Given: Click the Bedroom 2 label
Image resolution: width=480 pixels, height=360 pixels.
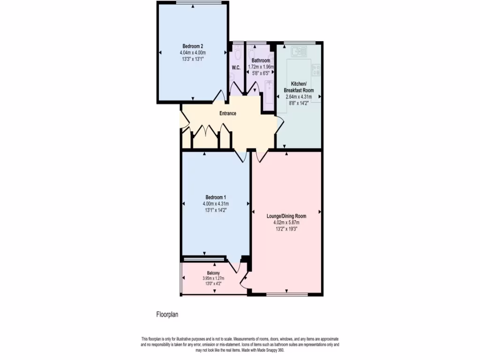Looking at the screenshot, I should click(x=193, y=46).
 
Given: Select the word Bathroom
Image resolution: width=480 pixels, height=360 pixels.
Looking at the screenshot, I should click(x=261, y=61).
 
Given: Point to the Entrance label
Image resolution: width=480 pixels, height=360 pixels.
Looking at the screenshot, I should click(x=228, y=113).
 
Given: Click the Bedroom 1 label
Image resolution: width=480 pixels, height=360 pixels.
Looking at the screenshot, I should click(x=216, y=197).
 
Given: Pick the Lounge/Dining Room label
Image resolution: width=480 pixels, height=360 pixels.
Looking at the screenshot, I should click(x=286, y=216).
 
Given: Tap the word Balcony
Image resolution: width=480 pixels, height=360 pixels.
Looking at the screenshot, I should click(x=214, y=273).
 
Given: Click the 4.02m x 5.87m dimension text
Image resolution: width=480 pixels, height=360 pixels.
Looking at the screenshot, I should click(x=286, y=223).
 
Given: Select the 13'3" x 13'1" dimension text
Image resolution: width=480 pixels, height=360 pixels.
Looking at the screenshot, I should click(x=193, y=60).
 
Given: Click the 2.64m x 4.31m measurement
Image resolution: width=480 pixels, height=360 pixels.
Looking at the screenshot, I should click(x=299, y=97).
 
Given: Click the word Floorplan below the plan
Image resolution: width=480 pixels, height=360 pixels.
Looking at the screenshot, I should click(x=167, y=315).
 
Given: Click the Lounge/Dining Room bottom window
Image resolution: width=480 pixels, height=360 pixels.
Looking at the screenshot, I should click(x=286, y=294).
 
